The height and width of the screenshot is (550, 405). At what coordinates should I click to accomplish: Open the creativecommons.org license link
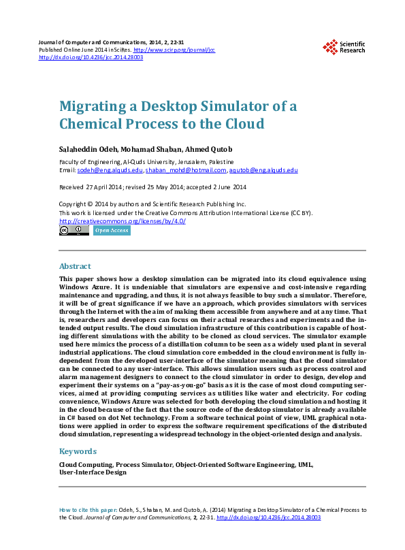(123, 221)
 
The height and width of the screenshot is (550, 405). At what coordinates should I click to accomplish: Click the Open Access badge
(112, 231)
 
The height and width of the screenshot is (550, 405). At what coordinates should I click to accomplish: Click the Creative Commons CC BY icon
(74, 231)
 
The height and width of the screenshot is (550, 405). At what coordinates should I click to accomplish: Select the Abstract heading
(75, 266)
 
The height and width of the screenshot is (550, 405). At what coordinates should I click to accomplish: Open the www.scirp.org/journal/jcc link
(174, 50)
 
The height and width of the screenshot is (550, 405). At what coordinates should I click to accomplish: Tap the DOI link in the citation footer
(268, 517)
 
